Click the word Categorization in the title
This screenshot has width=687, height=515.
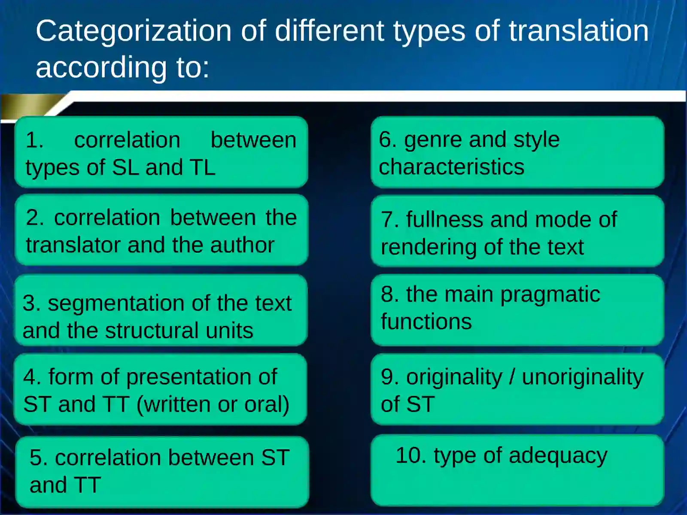(x=134, y=31)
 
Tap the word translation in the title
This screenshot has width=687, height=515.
(x=578, y=31)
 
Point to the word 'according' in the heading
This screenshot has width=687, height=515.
(x=101, y=67)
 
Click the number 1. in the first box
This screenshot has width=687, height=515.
(x=34, y=140)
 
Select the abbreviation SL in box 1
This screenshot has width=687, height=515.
(x=125, y=167)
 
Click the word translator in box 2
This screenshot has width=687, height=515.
(x=73, y=245)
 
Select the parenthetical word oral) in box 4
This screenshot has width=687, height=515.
(x=267, y=404)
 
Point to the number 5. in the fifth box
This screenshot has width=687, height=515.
(x=39, y=457)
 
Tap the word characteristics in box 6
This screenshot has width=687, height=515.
(x=451, y=167)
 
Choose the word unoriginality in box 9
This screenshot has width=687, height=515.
(x=583, y=377)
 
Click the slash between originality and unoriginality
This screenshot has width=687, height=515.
(x=512, y=377)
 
